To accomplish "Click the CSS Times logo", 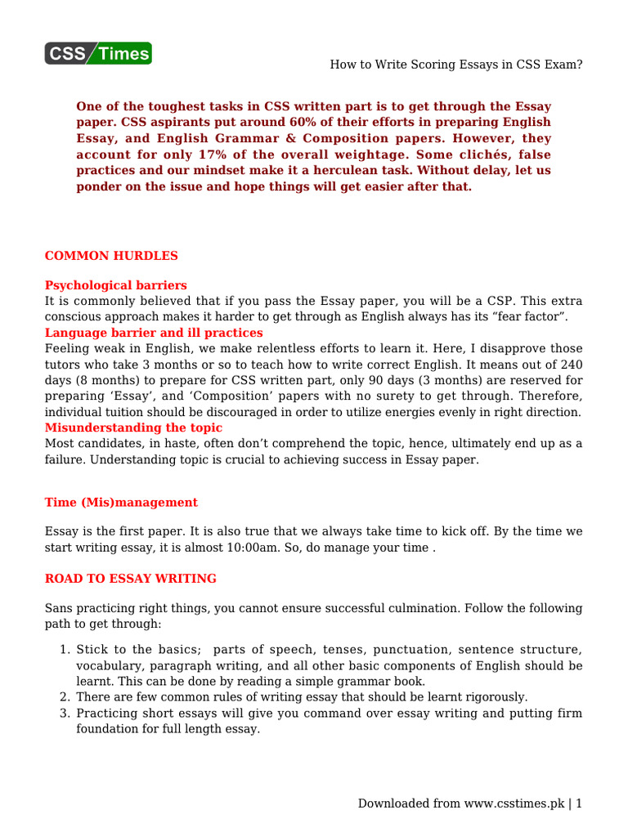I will (98, 53).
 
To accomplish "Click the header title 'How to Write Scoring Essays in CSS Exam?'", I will (456, 65).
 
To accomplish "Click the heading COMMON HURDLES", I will (111, 256).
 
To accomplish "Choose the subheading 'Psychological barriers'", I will (115, 285).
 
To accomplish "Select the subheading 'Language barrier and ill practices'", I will (154, 333).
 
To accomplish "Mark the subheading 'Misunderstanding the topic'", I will (133, 427).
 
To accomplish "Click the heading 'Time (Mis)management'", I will (121, 502).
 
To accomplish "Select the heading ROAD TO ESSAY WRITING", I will (131, 579).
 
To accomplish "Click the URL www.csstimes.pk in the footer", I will (514, 803).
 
